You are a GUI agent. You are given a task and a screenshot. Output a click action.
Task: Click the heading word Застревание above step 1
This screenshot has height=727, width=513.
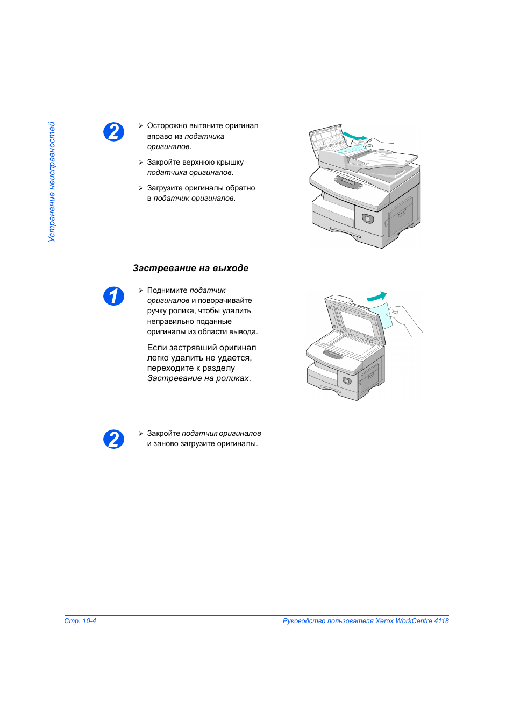pyautogui.click(x=165, y=268)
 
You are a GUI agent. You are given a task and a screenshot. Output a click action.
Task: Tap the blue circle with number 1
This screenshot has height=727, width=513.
pyautogui.click(x=113, y=296)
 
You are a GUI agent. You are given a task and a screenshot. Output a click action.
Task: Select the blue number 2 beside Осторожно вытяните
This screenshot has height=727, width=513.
pyautogui.click(x=113, y=132)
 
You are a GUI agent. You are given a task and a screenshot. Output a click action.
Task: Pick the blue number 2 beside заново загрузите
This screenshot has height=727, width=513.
pyautogui.click(x=113, y=440)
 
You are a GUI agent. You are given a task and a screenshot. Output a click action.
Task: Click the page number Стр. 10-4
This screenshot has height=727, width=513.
pyautogui.click(x=80, y=621)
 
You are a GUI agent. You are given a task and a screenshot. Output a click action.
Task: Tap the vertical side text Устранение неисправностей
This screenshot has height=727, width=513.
pyautogui.click(x=52, y=182)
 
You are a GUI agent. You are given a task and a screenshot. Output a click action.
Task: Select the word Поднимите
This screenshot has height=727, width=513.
pyautogui.click(x=167, y=290)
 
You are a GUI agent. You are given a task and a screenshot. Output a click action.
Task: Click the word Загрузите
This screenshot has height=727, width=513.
pyautogui.click(x=165, y=188)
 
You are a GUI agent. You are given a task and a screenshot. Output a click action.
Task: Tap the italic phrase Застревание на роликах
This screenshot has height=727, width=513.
pyautogui.click(x=198, y=378)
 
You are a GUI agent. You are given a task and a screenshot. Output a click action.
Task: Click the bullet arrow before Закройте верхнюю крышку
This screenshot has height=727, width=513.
pyautogui.click(x=141, y=163)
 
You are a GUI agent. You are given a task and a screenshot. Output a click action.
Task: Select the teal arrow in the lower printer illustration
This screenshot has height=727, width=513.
pyautogui.click(x=377, y=297)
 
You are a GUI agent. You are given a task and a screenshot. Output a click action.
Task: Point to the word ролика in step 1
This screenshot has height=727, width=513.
pyautogui.click(x=179, y=311)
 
